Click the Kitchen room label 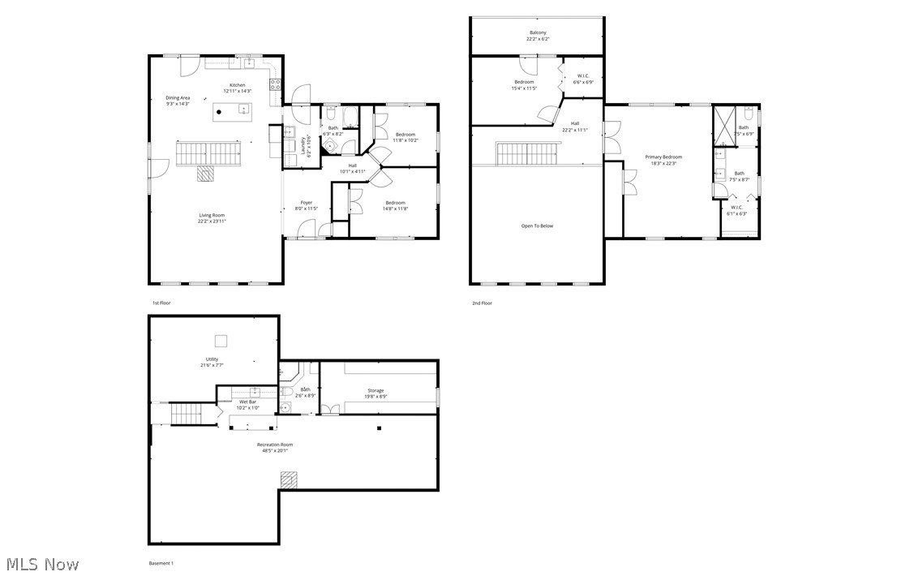[237, 85]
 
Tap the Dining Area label [178, 97]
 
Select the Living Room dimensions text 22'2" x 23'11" [212, 221]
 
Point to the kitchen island [232, 112]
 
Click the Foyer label [307, 202]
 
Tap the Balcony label [537, 32]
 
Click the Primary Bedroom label [663, 157]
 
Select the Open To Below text [537, 226]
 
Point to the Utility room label [212, 359]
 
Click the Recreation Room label [275, 444]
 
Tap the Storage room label [376, 390]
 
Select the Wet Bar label [247, 402]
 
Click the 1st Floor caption [161, 303]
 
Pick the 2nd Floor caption [483, 303]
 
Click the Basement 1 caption [161, 563]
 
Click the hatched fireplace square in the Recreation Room [289, 480]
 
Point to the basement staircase [187, 414]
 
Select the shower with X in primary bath [723, 125]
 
